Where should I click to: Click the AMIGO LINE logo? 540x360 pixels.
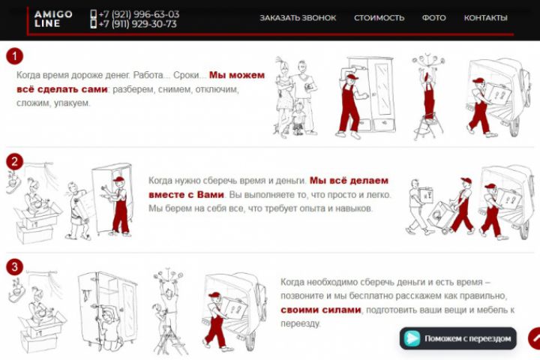53,19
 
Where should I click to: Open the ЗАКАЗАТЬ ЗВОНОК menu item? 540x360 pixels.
298,18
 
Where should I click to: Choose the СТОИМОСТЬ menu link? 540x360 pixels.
379,18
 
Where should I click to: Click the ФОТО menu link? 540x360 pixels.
434,18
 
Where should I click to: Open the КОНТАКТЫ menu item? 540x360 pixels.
485,18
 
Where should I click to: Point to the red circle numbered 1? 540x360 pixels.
14,55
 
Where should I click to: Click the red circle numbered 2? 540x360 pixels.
14,161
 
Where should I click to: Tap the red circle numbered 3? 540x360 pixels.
14,267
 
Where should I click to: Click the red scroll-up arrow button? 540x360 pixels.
535,339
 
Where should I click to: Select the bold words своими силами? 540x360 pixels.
321,310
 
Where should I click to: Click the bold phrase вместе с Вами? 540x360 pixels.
186,195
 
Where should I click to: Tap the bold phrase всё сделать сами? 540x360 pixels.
62,89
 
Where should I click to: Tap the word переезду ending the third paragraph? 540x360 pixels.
300,324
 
